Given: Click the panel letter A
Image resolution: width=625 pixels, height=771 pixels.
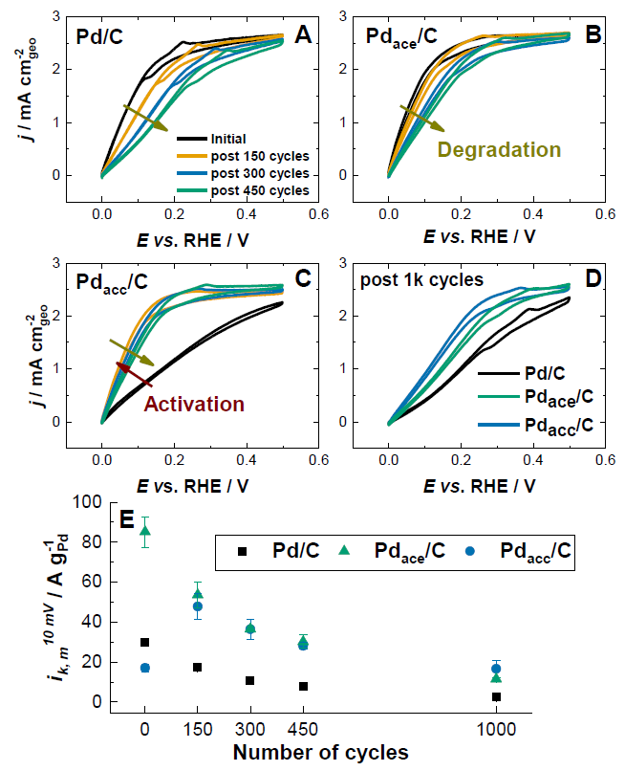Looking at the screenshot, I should [x=303, y=35].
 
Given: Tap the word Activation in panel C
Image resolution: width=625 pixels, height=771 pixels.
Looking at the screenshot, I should [x=194, y=404].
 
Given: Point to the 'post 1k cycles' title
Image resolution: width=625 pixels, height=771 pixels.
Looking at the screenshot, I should [x=421, y=279].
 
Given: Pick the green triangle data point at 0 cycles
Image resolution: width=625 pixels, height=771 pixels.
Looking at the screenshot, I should [x=145, y=531].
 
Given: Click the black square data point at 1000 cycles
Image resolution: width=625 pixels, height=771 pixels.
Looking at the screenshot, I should [x=496, y=697].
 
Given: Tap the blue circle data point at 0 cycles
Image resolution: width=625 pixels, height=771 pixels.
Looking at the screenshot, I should [x=145, y=668].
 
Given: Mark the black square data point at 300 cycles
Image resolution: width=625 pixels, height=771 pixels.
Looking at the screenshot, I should [x=249, y=680].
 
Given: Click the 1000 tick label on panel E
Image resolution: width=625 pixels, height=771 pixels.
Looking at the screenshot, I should [x=496, y=726].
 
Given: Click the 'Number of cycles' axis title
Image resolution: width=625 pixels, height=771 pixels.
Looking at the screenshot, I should [x=320, y=752].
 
